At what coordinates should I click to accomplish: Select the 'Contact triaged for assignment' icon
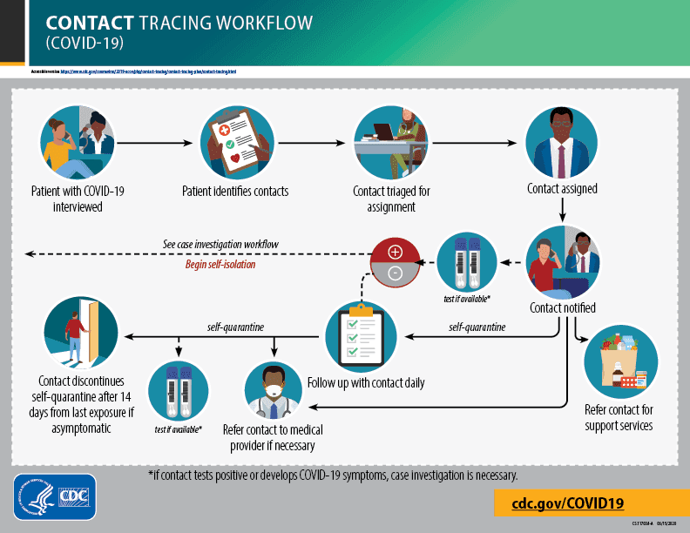point(391,142)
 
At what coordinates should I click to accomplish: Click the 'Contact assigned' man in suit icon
point(562,142)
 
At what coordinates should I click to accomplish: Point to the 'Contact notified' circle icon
point(563,263)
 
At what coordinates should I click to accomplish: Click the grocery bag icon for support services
point(619,361)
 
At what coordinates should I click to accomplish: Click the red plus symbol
point(394,252)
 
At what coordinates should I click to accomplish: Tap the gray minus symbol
point(394,273)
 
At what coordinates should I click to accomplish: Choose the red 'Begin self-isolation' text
point(220,264)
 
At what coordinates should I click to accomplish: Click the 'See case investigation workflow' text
point(220,245)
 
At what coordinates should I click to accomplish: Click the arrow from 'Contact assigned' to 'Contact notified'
point(563,209)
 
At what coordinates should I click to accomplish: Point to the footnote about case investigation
point(333,476)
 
